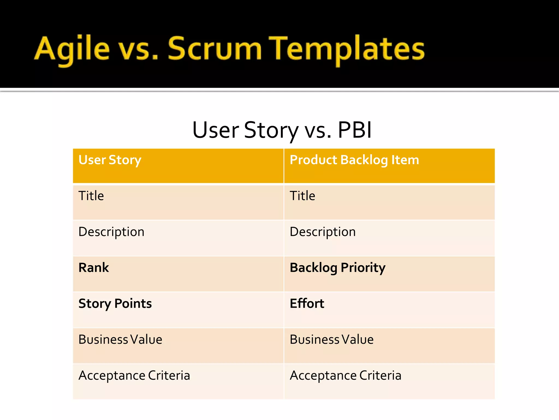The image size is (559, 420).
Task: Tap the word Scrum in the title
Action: click(x=215, y=49)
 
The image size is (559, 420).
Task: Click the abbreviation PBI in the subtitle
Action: click(x=355, y=130)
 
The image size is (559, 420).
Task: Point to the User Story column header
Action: click(x=110, y=160)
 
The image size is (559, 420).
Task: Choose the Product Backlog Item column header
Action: click(x=354, y=160)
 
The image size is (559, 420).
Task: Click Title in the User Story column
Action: click(x=91, y=196)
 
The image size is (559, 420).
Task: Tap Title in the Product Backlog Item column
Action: click(x=302, y=196)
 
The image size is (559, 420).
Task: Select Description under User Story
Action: click(x=111, y=232)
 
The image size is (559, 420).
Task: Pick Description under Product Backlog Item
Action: click(x=323, y=232)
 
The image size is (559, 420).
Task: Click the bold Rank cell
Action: click(x=94, y=267)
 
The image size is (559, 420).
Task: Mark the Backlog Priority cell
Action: click(x=338, y=268)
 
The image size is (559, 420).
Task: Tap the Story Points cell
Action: click(x=115, y=304)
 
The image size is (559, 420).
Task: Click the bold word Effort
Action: click(x=307, y=304)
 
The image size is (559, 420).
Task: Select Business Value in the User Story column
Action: click(x=120, y=339)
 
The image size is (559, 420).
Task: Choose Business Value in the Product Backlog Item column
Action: click(x=332, y=339)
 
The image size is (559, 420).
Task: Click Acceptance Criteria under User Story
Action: click(x=134, y=375)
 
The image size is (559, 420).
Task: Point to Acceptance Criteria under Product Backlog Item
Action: click(x=346, y=375)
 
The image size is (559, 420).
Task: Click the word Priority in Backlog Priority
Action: click(x=363, y=268)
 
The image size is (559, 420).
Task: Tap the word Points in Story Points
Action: click(x=133, y=304)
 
